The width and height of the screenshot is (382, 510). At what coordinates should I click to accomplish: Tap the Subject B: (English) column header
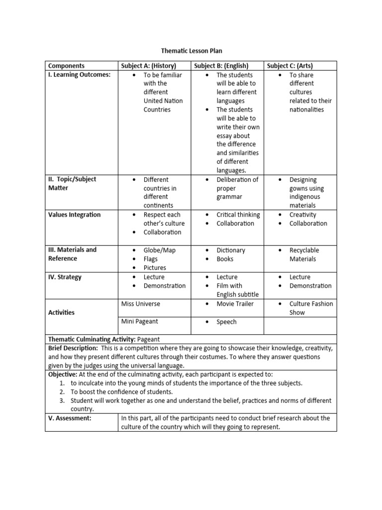(x=221, y=66)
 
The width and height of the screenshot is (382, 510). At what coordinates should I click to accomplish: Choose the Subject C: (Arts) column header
(x=290, y=66)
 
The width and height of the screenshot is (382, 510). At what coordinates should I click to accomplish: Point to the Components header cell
(x=66, y=66)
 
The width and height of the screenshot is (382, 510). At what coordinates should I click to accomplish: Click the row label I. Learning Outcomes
(x=79, y=75)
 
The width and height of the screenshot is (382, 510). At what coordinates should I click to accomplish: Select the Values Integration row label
(x=74, y=215)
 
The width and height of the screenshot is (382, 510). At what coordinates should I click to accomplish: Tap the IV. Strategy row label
(x=65, y=277)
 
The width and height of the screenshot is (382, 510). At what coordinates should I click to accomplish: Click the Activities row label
(x=61, y=312)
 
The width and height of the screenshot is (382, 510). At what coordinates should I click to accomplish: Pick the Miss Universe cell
(x=141, y=303)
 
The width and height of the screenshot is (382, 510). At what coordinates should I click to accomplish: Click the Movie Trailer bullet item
(x=235, y=304)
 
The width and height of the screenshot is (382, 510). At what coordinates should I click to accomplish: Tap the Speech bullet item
(x=226, y=322)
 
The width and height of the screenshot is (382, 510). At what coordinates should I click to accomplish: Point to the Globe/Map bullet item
(x=159, y=250)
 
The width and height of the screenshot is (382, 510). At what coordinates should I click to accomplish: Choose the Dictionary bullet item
(x=231, y=250)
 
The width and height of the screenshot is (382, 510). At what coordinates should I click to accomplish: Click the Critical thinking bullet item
(x=238, y=215)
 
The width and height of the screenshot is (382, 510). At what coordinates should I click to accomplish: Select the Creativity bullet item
(x=302, y=215)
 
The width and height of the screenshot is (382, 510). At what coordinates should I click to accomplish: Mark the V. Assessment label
(x=70, y=418)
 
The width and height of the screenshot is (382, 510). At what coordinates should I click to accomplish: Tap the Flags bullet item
(x=151, y=259)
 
